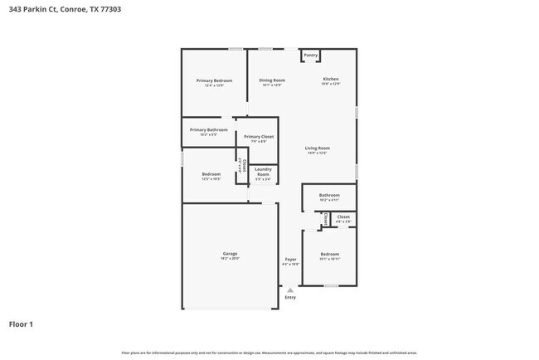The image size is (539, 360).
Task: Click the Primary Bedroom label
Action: coord(214,80)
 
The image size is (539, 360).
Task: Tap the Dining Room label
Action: coord(272,80)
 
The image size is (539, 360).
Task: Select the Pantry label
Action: coord(310,56)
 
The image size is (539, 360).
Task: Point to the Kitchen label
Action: coord(331,80)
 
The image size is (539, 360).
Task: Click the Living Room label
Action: coord(318,148)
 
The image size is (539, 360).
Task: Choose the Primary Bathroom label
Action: coord(208,129)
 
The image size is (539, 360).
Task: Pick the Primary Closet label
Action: coord(259,136)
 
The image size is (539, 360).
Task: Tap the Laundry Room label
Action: coord(263,172)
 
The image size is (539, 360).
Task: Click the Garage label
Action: coord(230,253)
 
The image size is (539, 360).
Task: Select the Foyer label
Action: coord(290,260)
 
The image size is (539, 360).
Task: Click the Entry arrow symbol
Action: coord(289,289)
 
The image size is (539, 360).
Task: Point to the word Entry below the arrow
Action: coord(290,297)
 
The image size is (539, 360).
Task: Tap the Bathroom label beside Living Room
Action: coord(329,195)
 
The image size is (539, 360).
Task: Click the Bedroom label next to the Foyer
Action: coord(330,254)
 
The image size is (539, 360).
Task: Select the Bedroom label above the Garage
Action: coord(211,174)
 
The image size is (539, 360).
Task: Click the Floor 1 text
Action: coord(21,324)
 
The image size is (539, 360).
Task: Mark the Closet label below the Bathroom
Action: coord(343,216)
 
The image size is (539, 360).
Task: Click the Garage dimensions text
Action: coord(230,259)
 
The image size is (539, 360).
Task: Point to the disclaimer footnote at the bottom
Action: coord(269,353)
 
